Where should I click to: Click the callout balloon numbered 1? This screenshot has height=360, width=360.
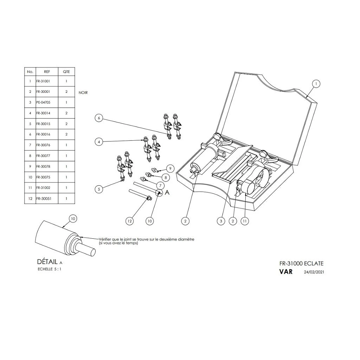coord(316,84)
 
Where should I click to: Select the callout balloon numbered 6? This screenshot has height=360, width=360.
coord(99,118)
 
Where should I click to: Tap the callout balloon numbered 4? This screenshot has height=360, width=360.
coord(99,142)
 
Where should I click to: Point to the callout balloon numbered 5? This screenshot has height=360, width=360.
coord(99,189)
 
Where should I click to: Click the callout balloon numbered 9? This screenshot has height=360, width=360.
coord(170,168)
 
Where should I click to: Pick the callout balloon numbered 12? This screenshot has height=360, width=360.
coord(130,221)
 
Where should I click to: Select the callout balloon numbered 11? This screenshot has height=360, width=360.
coord(245,221)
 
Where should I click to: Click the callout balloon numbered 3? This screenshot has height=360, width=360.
coord(220,221)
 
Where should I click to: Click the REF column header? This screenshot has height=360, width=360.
coord(47,72)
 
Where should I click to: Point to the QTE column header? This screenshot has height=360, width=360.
coord(66,72)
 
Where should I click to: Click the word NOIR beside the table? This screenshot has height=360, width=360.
coord(83,93)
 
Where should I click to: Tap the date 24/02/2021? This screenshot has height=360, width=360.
coord(314,272)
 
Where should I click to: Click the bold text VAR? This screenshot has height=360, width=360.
coord(286,272)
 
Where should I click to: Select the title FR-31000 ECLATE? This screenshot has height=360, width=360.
coord(301,263)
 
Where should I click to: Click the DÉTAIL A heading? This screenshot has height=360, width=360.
coord(49,262)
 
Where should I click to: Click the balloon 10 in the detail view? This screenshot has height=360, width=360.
coord(72,219)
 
